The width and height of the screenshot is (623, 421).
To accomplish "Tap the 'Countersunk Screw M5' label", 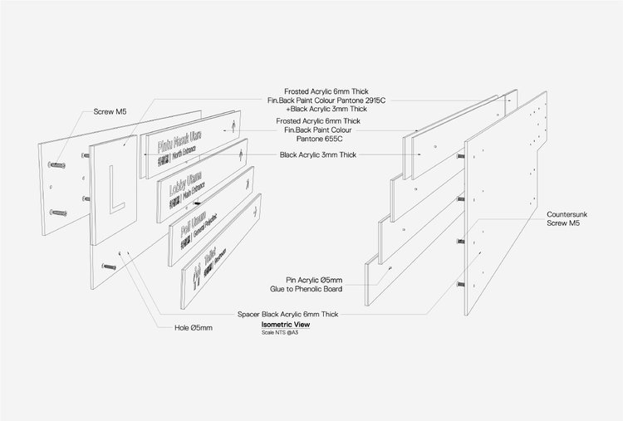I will pyautogui.click(x=568, y=219).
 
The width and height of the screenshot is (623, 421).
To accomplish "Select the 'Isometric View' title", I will pyautogui.click(x=280, y=324).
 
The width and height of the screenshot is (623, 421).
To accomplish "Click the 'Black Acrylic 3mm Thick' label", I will pyautogui.click(x=319, y=154).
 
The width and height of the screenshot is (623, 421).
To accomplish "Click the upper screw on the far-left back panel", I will pyautogui.click(x=58, y=164).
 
